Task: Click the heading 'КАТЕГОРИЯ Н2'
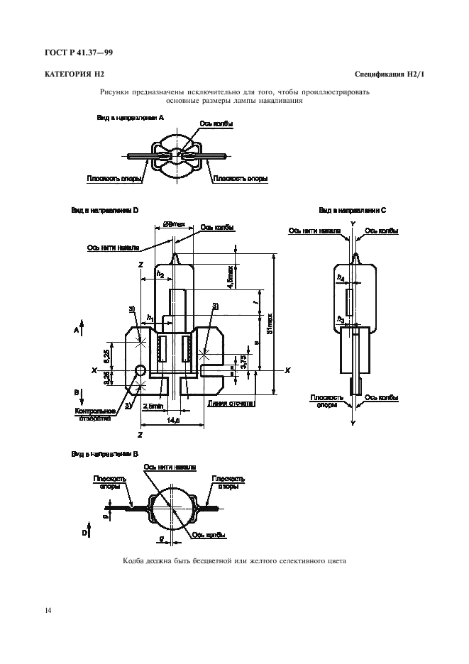[x=75, y=74]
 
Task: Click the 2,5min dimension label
[x=152, y=406]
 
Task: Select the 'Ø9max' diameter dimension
[x=174, y=225]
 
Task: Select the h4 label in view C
[x=341, y=278]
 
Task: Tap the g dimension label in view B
[x=162, y=540]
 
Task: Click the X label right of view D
[x=287, y=370]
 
